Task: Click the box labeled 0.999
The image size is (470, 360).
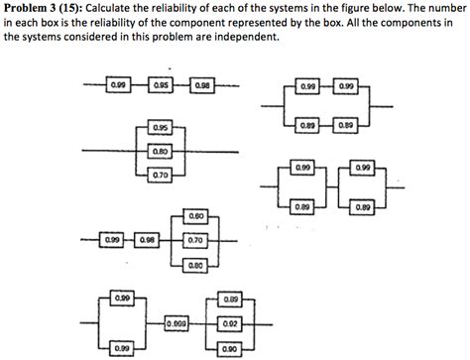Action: [x=177, y=322]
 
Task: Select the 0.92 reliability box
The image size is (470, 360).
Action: [x=230, y=322]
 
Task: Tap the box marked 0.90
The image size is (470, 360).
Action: [x=230, y=348]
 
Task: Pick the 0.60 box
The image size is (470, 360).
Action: [x=195, y=215]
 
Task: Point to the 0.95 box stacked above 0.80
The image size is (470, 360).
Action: [x=160, y=129]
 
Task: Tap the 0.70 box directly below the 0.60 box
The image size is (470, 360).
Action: [x=195, y=239]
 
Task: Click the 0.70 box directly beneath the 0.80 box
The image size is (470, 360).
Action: [x=160, y=175]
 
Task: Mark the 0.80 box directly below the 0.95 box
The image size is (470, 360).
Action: [x=160, y=152]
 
